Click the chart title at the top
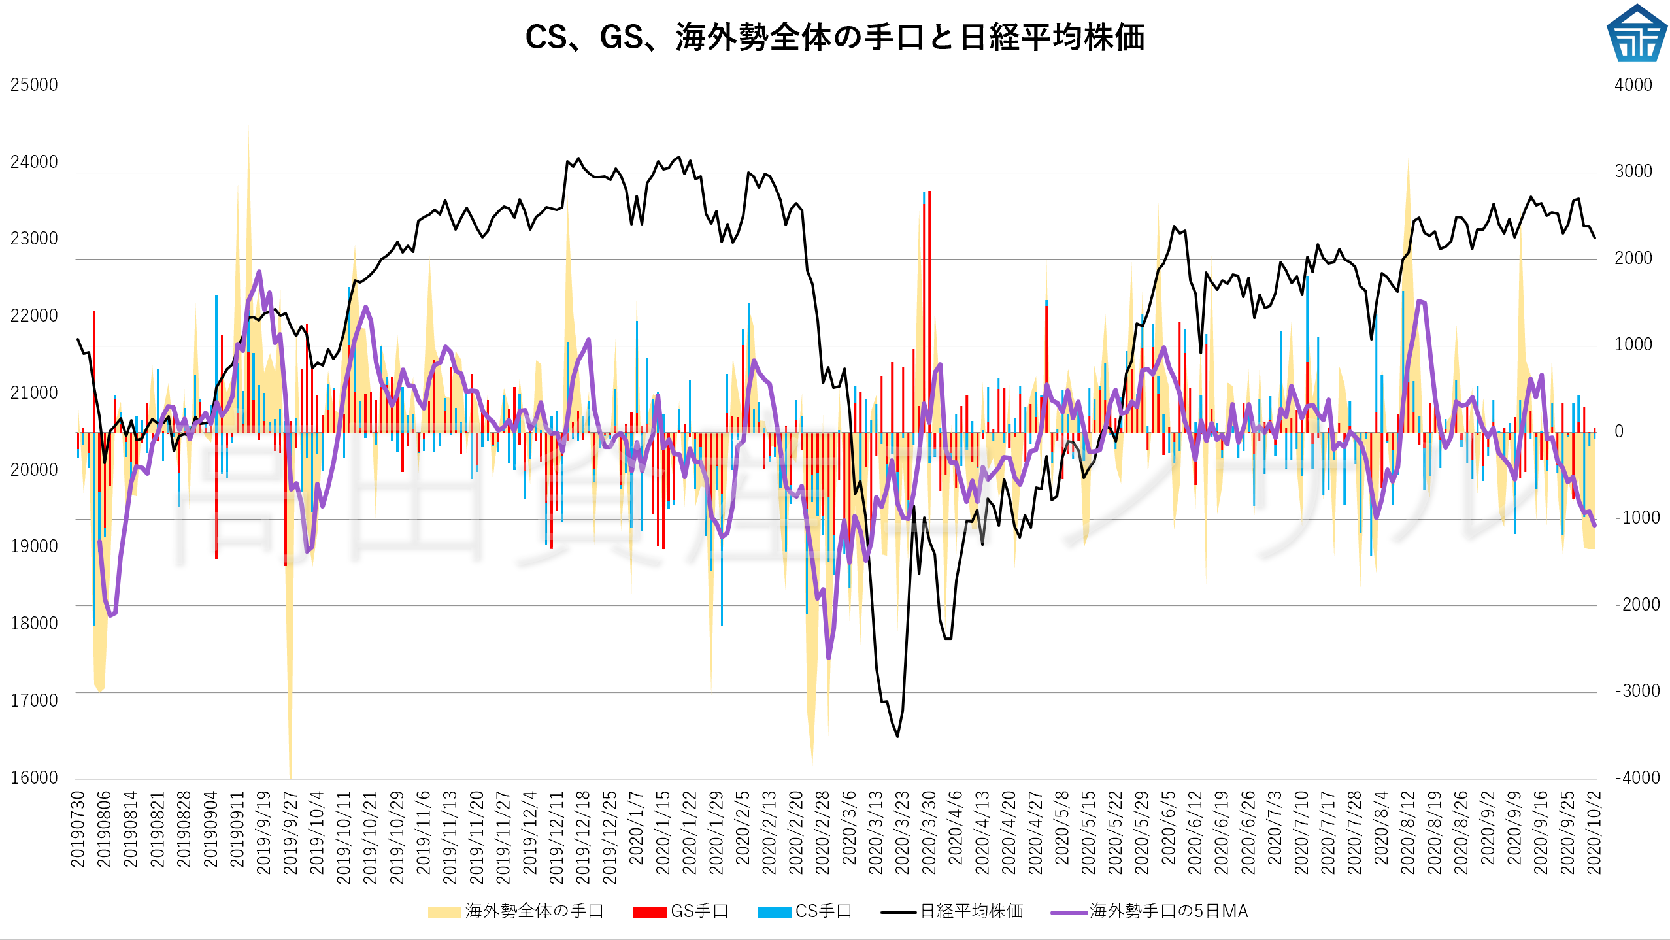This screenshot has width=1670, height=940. [x=835, y=37]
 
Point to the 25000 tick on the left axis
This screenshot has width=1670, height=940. [x=34, y=85]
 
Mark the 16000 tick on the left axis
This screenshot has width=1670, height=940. [x=34, y=778]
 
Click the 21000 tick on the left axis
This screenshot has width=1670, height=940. [x=34, y=393]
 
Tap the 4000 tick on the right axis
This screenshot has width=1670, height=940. [x=1633, y=85]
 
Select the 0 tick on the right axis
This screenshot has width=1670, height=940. [x=1619, y=431]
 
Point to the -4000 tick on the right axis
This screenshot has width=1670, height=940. [x=1637, y=778]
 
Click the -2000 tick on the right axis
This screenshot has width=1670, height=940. [x=1637, y=605]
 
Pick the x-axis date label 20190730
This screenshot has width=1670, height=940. [x=78, y=829]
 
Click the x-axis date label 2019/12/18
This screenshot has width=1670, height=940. [x=582, y=837]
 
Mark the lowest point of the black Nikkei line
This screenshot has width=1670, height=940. [x=897, y=737]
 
